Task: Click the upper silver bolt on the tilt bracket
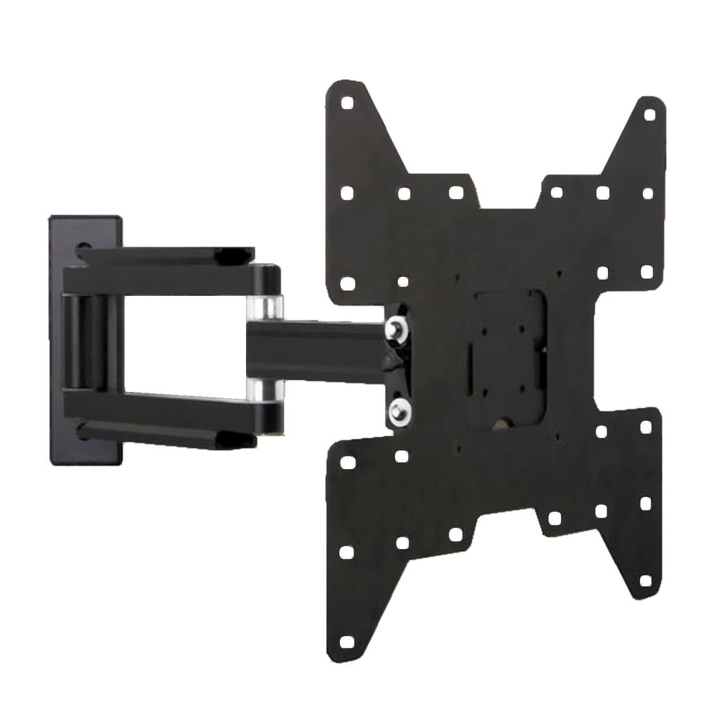click(398, 326)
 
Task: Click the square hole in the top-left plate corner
click(347, 102)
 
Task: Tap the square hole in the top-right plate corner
click(649, 114)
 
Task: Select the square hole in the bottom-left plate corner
click(346, 642)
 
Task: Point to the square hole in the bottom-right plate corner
click(645, 581)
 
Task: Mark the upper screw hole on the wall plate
click(83, 248)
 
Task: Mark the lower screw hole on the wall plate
click(83, 433)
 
